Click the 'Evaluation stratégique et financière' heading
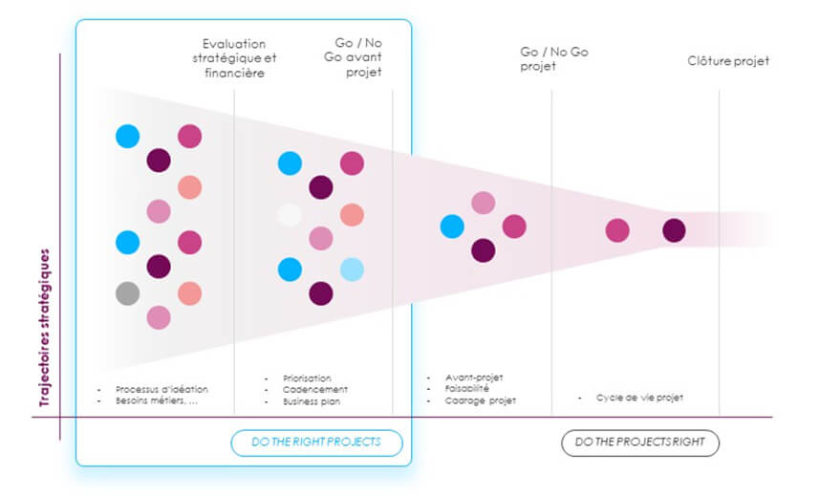pos(234,58)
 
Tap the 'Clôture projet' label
pos(728,61)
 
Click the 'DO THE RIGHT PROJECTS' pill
pos(316,442)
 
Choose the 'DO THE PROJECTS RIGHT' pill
pos(639,442)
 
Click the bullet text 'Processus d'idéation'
pos(162,389)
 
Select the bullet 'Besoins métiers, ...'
pos(157,401)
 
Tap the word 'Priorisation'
pos(307,377)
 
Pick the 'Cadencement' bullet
pos(314,389)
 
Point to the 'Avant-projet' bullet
pos(474,377)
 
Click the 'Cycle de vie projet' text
pos(639,397)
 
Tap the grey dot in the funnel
pos(128,292)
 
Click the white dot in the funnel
pos(290,215)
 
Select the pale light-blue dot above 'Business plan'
pos(352,270)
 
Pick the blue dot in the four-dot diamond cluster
pos(452,226)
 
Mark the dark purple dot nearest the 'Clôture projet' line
pos(674,230)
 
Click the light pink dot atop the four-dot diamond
pos(484,203)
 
